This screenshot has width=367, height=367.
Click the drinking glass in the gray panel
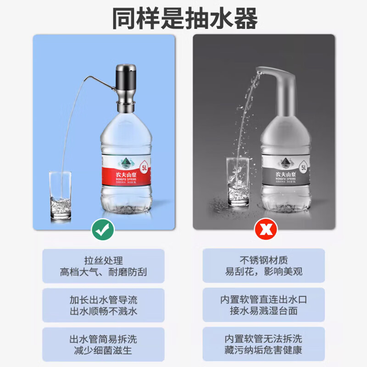click(238, 182)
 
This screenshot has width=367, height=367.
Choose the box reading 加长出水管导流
click(103, 305)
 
